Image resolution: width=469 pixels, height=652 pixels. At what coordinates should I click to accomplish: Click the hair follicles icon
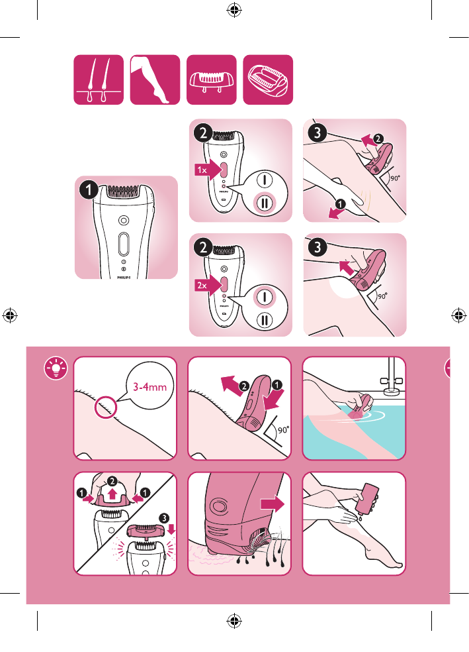pyautogui.click(x=99, y=80)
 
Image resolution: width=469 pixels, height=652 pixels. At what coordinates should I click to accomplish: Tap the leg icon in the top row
pyautogui.click(x=155, y=80)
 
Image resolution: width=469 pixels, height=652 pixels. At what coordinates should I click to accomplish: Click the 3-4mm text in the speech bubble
pyautogui.click(x=150, y=387)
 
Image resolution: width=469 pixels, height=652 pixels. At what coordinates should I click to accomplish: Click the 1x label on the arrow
pyautogui.click(x=202, y=170)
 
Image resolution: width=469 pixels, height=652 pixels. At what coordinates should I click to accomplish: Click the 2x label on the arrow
pyautogui.click(x=202, y=285)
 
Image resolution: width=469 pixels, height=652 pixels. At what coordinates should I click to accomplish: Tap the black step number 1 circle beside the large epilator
pyautogui.click(x=89, y=190)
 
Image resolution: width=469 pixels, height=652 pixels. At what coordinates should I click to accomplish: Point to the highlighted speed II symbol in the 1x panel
pyautogui.click(x=265, y=203)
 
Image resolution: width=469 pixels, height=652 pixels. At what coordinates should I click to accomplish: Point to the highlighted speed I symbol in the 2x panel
pyautogui.click(x=265, y=296)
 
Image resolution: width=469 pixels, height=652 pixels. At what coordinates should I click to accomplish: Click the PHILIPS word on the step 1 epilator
pyautogui.click(x=124, y=278)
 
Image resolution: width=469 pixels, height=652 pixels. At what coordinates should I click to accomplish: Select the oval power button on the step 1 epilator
pyautogui.click(x=124, y=244)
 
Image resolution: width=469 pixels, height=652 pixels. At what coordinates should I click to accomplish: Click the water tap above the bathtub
pyautogui.click(x=392, y=377)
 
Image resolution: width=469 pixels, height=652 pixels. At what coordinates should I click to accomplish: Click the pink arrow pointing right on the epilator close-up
pyautogui.click(x=273, y=504)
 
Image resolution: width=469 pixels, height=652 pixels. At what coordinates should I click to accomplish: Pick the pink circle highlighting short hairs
pyautogui.click(x=106, y=407)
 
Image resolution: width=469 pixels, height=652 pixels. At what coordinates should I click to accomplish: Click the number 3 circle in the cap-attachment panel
pyautogui.click(x=164, y=519)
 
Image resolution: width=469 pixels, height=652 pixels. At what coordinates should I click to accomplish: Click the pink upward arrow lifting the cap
pyautogui.click(x=112, y=494)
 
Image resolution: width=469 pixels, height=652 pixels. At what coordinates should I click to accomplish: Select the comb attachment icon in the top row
pyautogui.click(x=211, y=80)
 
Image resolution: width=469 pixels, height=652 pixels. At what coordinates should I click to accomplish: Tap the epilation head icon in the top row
pyautogui.click(x=268, y=80)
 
